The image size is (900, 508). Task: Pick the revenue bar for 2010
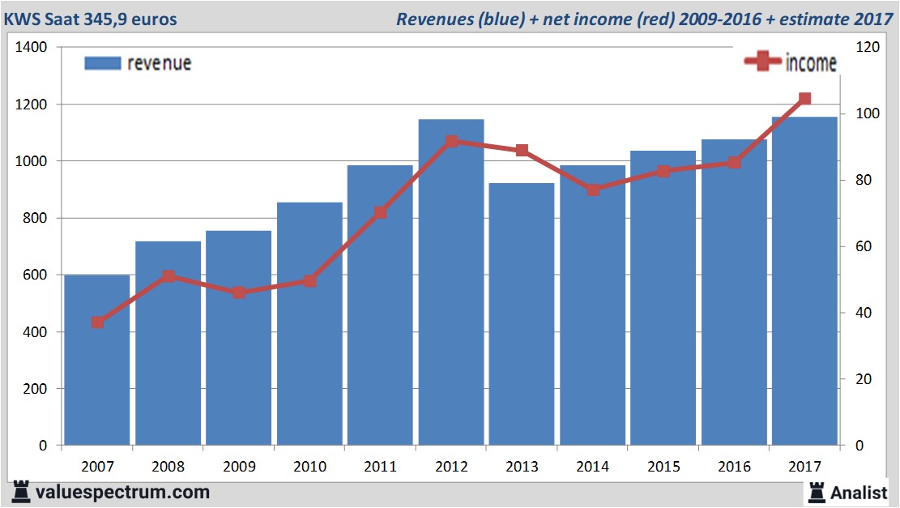click(309, 324)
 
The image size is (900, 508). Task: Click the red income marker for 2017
click(804, 99)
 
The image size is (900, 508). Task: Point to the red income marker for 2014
click(593, 190)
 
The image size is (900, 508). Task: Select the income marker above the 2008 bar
click(168, 276)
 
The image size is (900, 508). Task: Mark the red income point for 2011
click(381, 212)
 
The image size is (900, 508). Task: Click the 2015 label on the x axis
click(663, 467)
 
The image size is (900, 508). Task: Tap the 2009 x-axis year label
click(239, 467)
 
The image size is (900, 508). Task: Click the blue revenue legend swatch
click(102, 63)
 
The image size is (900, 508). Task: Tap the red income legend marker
click(762, 62)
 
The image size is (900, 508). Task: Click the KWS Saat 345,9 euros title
click(91, 19)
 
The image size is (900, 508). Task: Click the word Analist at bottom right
click(859, 492)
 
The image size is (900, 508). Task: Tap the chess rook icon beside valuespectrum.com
click(22, 491)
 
